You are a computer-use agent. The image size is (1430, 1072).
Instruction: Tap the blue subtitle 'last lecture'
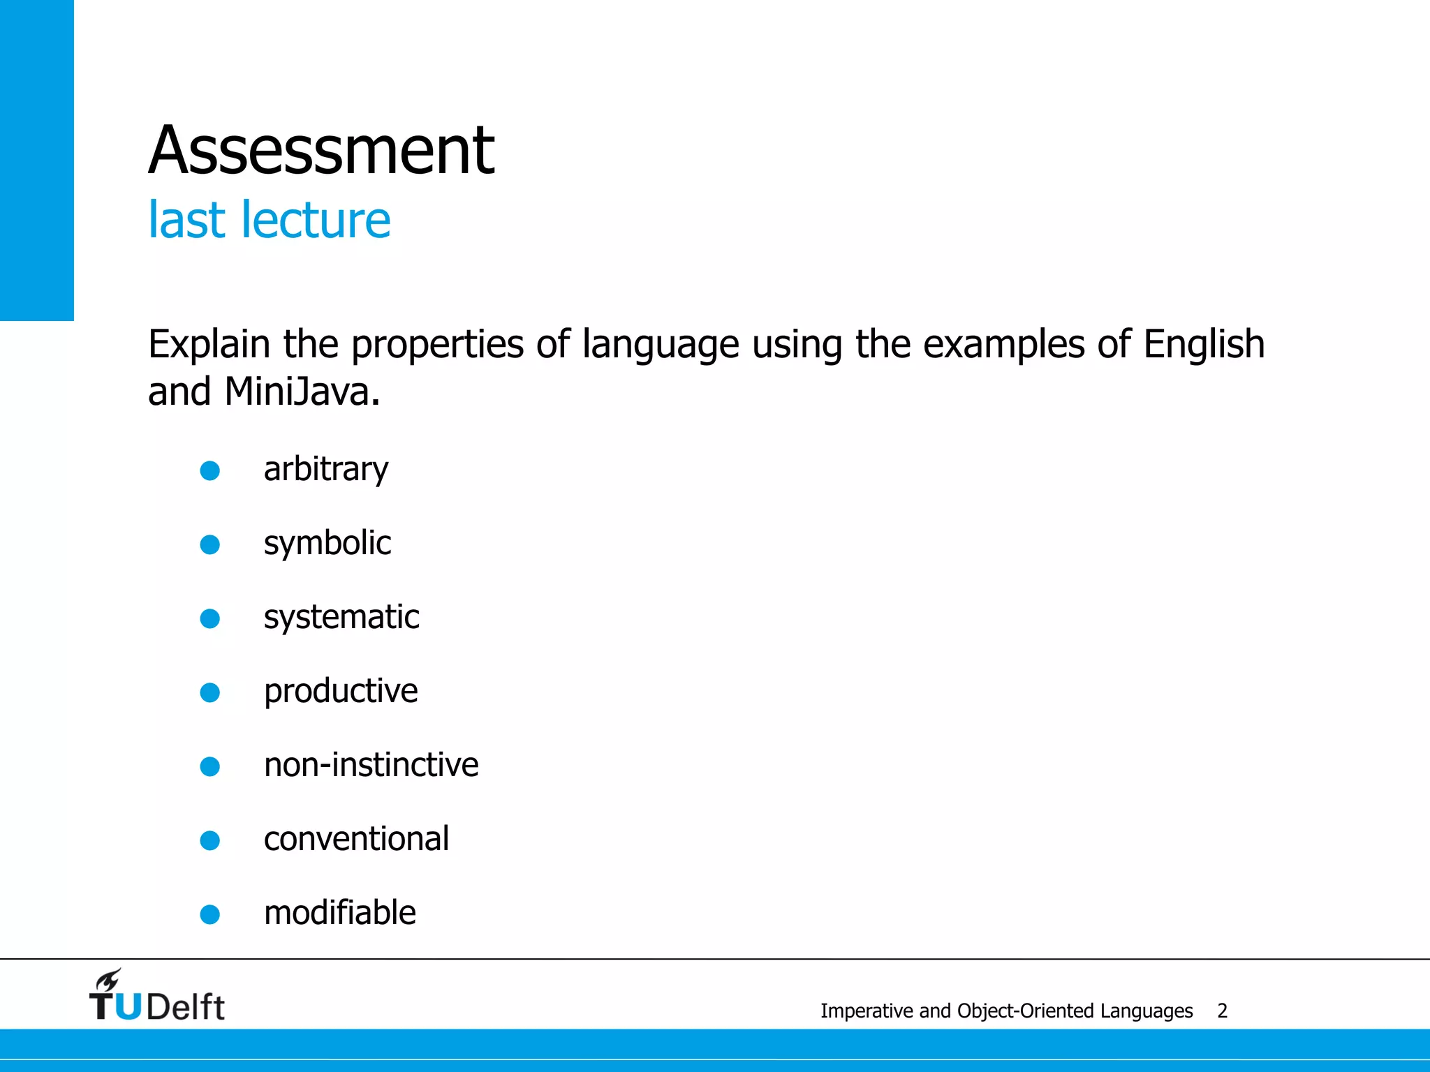pyautogui.click(x=269, y=220)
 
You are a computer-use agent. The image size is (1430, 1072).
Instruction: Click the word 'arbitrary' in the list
pyautogui.click(x=325, y=470)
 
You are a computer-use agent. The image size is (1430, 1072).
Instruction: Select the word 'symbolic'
pyautogui.click(x=327, y=544)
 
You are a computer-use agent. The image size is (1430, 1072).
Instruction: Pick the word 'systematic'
pyautogui.click(x=341, y=618)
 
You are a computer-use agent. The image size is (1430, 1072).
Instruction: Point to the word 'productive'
pyautogui.click(x=341, y=692)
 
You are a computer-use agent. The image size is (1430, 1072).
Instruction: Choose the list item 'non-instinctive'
pyautogui.click(x=371, y=765)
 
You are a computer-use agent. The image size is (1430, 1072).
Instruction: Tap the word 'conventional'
pyautogui.click(x=356, y=839)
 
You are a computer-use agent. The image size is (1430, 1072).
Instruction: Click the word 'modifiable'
pyautogui.click(x=339, y=913)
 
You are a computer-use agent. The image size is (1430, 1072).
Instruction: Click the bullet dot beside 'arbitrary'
pyautogui.click(x=210, y=470)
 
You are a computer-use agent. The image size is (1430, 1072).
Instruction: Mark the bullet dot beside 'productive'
pyautogui.click(x=210, y=692)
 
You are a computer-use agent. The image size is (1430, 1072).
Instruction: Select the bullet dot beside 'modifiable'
pyautogui.click(x=210, y=914)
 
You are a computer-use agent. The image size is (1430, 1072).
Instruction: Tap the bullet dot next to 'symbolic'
pyautogui.click(x=210, y=544)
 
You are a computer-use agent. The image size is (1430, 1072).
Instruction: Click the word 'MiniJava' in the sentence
pyautogui.click(x=297, y=392)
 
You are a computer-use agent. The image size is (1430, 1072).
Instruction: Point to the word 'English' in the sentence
pyautogui.click(x=1203, y=345)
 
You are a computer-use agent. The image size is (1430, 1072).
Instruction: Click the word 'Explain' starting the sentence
pyautogui.click(x=209, y=345)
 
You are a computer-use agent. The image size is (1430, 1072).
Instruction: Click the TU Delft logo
pyautogui.click(x=157, y=997)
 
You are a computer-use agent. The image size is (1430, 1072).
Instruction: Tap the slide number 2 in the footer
pyautogui.click(x=1222, y=1011)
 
